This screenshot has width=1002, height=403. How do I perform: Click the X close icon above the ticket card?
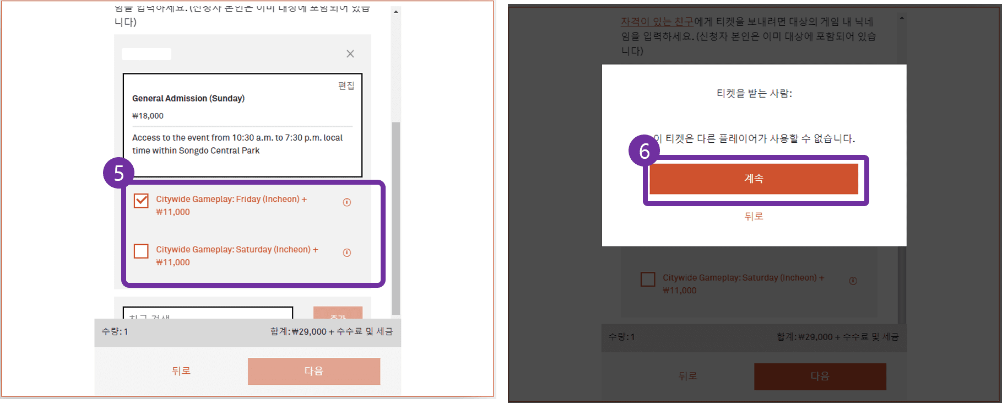(x=350, y=53)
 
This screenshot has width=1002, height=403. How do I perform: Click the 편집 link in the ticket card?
(x=346, y=85)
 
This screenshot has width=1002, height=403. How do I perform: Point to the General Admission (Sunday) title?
(x=188, y=98)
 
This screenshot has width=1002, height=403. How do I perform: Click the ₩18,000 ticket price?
(x=148, y=116)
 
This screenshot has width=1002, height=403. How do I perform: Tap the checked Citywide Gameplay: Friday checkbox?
(x=141, y=201)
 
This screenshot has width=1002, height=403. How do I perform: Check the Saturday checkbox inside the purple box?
(x=141, y=251)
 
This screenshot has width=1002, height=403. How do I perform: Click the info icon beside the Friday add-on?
(x=347, y=202)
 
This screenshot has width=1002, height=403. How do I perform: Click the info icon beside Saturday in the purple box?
(x=347, y=252)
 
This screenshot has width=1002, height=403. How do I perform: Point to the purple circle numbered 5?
(x=118, y=173)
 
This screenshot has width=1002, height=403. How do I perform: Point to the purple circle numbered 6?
(x=644, y=151)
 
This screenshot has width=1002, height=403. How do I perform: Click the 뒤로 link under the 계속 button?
(x=754, y=217)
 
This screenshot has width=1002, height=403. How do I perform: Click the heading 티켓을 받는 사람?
(x=754, y=94)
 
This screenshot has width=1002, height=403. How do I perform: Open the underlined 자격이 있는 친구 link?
(x=657, y=22)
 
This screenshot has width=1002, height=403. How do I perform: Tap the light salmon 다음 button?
(x=313, y=371)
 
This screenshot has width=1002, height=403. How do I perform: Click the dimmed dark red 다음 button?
(x=820, y=377)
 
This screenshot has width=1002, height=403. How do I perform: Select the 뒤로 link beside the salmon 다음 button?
(x=181, y=371)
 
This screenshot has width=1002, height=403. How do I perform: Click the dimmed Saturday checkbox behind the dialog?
(x=648, y=280)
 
